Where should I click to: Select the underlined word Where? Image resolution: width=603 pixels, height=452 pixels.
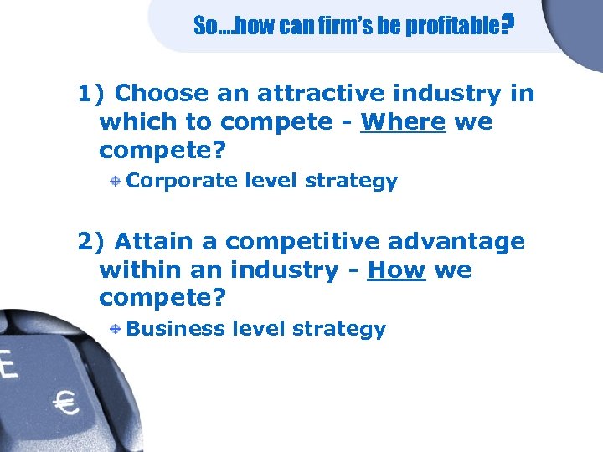coord(403,122)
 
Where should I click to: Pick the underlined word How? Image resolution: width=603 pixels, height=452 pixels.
coord(396,270)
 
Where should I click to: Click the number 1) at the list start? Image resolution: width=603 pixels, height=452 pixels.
coord(91,93)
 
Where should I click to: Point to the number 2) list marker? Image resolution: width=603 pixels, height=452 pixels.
coord(91,242)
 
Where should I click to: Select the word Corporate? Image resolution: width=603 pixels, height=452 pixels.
coord(181,181)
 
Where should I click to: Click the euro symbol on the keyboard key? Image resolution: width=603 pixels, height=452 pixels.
coord(65,403)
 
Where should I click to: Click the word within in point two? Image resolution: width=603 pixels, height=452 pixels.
coord(140,270)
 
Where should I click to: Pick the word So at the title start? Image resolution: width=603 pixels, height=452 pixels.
coord(204,27)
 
